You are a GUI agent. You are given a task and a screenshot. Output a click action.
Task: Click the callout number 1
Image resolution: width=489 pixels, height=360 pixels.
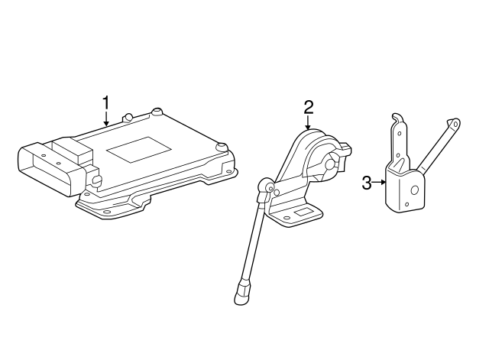(106, 102)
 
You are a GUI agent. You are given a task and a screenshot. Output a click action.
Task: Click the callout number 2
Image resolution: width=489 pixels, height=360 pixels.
(308, 106)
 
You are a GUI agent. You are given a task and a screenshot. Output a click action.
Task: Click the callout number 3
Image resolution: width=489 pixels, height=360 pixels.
(367, 183)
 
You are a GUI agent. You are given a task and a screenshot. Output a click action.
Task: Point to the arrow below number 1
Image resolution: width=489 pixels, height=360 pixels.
(106, 119)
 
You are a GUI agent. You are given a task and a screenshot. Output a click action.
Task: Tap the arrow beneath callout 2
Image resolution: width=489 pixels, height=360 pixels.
(308, 123)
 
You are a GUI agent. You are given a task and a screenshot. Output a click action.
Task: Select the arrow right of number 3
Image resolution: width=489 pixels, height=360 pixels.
(380, 183)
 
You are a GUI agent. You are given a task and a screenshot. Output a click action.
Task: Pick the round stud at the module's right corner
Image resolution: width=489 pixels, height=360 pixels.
(222, 146)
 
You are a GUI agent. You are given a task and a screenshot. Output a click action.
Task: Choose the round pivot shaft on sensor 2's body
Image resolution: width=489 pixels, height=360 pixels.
(332, 163)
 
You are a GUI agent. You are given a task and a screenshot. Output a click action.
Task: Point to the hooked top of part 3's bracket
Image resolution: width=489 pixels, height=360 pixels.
(394, 118)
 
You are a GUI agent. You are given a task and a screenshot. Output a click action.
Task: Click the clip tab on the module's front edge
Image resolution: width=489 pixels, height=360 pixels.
(97, 180)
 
